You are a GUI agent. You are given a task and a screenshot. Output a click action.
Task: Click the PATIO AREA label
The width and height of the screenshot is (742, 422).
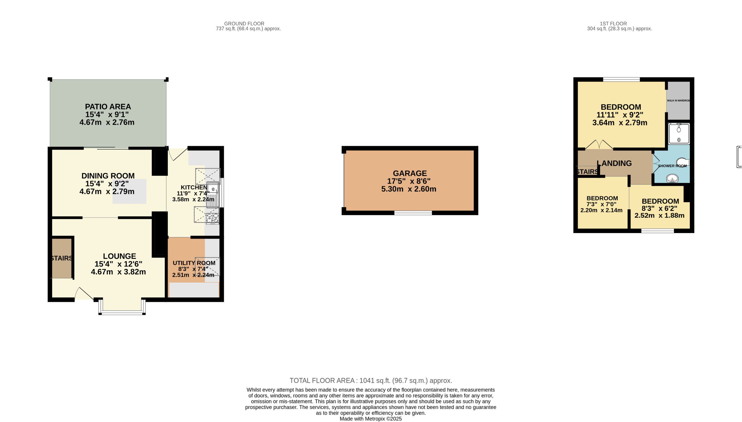click(x=108, y=107)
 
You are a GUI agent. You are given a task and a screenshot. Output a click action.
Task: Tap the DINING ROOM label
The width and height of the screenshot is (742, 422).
click(x=108, y=176)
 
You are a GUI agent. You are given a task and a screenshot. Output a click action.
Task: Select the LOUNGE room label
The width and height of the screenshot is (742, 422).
click(x=119, y=256)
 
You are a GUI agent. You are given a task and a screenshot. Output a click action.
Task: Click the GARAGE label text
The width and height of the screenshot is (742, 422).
click(x=410, y=173)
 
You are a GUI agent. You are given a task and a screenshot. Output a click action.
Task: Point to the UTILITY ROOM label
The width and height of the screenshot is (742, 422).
click(x=194, y=263)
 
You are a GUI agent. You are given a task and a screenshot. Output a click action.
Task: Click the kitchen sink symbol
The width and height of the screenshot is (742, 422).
click(x=213, y=194)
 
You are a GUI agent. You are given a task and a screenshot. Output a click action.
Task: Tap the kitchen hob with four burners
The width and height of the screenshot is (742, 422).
click(x=212, y=219)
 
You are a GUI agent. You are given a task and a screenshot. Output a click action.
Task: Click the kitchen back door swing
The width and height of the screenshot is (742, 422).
click(x=178, y=154)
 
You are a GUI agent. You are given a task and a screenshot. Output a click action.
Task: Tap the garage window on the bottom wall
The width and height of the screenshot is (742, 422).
click(x=413, y=213)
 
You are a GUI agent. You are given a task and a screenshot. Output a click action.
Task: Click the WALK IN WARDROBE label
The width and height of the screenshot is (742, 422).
click(x=678, y=100)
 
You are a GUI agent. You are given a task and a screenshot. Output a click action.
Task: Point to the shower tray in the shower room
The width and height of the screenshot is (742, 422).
click(x=679, y=134)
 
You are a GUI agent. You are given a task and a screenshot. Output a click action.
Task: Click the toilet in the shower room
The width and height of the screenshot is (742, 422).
click(x=683, y=162)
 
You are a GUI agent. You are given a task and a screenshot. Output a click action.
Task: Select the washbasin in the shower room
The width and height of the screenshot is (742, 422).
click(x=672, y=178)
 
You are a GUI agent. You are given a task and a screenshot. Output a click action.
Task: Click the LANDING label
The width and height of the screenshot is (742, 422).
click(x=614, y=163)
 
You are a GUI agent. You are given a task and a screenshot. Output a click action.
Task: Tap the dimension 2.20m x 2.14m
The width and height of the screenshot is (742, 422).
click(x=601, y=210)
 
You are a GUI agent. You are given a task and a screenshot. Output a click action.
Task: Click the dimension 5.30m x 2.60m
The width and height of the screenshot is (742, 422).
click(x=409, y=189)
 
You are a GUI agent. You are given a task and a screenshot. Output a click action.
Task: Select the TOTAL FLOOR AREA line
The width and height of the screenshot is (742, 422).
click(x=371, y=381)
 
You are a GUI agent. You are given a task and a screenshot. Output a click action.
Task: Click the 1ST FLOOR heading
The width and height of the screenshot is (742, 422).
click(x=613, y=23)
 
